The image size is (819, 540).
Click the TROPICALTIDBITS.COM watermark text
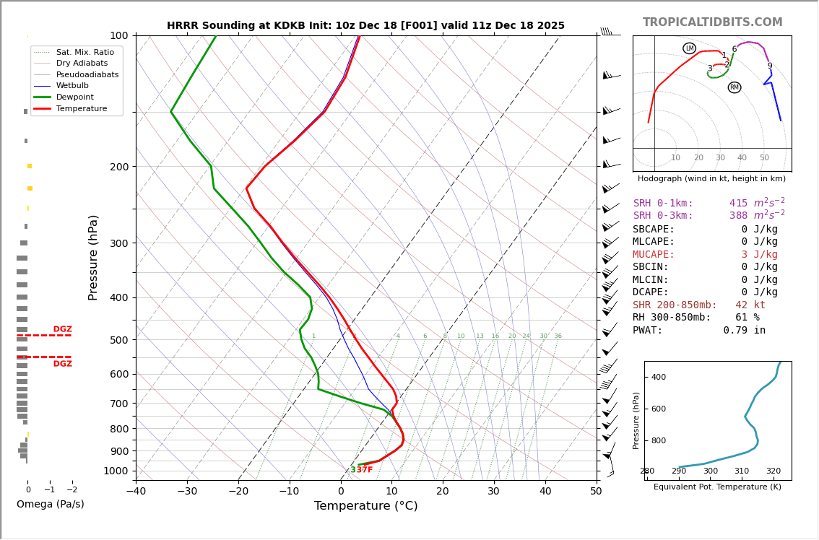pos(712,22)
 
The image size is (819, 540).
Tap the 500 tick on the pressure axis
pos(118,340)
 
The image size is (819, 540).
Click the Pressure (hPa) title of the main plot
pos(93,257)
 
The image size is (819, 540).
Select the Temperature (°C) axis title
pos(365,507)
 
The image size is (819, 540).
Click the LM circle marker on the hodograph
pos(689,48)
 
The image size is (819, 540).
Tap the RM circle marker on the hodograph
pos(734,87)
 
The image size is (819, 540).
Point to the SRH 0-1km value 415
pos(738,204)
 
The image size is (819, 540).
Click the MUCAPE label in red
pos(654,255)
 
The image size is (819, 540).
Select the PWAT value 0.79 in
pos(744,331)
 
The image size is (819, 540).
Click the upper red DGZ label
pos(62,329)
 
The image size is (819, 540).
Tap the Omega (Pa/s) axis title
pos(50,505)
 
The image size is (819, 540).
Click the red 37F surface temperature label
pos(365,470)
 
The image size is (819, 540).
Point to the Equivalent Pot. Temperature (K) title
pos(717,487)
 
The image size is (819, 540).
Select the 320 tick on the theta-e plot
pos(773,471)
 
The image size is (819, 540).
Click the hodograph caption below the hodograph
pos(711,178)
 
